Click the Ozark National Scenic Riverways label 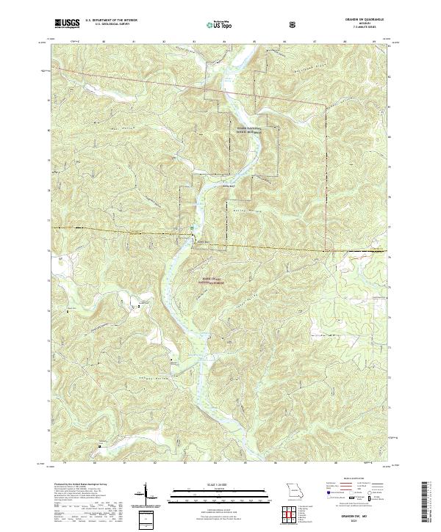(249, 133)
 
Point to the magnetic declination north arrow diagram (146, 493)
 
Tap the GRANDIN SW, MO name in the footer (346, 515)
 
